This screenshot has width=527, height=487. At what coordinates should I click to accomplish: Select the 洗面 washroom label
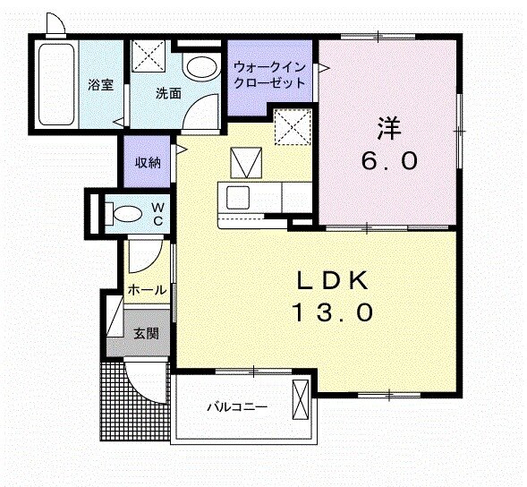tap(167, 92)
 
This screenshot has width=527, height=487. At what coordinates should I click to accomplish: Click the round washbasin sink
tap(200, 68)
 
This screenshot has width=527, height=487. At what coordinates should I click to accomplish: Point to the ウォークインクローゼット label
tap(268, 75)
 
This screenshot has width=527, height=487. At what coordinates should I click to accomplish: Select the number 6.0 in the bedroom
tap(388, 161)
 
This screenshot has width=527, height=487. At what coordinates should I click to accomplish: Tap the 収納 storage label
tap(148, 162)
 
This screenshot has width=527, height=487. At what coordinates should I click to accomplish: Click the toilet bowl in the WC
tap(125, 212)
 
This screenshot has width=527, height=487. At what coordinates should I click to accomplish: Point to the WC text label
tap(157, 213)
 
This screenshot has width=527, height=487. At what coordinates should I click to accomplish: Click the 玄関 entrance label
tap(146, 333)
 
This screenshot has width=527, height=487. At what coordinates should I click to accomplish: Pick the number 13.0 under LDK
tap(333, 313)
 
